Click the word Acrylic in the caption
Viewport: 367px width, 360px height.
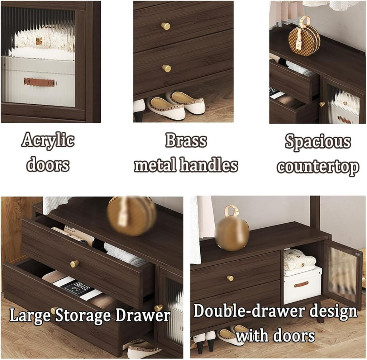point(48,141)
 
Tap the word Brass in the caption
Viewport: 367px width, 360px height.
point(186,140)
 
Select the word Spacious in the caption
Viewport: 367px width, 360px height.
point(318,142)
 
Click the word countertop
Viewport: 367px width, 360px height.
point(318,167)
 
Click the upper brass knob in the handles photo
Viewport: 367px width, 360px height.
point(166,26)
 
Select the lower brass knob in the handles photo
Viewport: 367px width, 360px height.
point(167,68)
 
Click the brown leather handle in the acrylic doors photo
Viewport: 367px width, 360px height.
point(40,82)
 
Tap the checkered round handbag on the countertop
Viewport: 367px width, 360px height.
point(304,39)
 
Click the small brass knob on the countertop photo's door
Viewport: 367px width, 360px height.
point(323,104)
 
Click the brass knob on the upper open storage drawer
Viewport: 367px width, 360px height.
point(75,264)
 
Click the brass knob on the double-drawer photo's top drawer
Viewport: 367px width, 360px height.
point(230,278)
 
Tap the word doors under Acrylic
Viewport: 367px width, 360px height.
point(48,165)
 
